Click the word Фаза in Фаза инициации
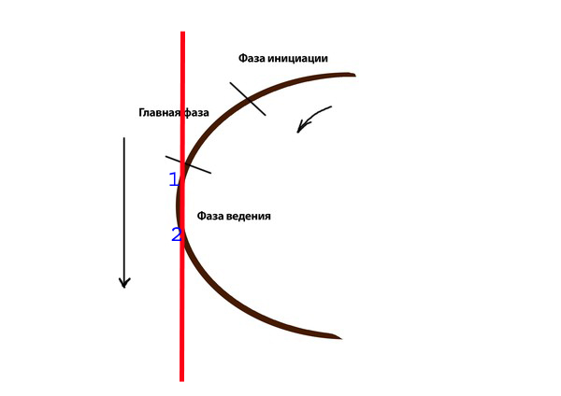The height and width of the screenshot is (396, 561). click(252, 58)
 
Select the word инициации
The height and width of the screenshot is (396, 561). click(297, 58)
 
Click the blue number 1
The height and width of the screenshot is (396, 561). click(174, 179)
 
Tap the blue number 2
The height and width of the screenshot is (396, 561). click(177, 234)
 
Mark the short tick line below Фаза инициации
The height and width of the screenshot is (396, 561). click(248, 99)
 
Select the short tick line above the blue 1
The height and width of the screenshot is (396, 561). click(188, 164)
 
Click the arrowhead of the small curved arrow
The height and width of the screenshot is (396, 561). click(301, 126)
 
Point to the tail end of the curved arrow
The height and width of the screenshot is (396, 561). click(331, 106)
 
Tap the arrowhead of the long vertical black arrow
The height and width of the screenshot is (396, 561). click(124, 283)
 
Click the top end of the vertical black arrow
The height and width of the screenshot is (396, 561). click(124, 137)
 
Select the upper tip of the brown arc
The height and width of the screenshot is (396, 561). click(355, 75)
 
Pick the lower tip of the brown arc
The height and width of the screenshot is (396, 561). click(341, 338)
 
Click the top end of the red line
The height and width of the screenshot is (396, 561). click(183, 32)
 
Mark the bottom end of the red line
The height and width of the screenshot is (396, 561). click(181, 381)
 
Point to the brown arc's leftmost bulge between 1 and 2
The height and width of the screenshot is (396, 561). click(177, 205)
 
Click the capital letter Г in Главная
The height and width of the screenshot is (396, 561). click(141, 113)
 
